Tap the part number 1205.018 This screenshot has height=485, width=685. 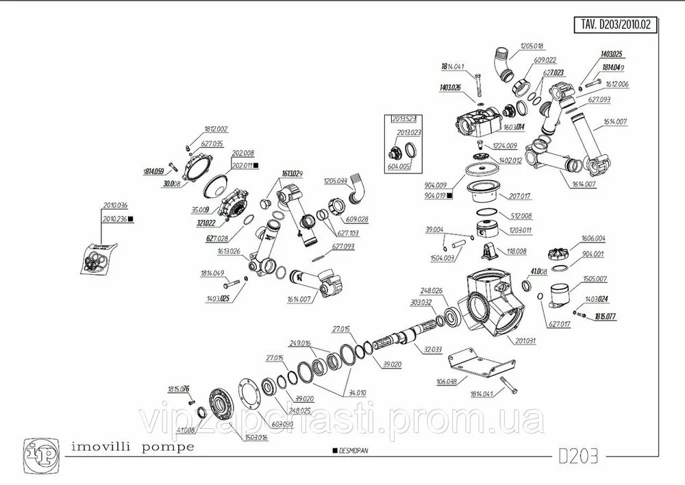click(x=532, y=46)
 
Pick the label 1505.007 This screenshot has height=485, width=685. click(x=595, y=279)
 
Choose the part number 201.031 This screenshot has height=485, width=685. click(x=525, y=340)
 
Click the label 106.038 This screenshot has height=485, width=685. click(x=447, y=381)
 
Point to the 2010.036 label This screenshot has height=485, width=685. click(x=115, y=206)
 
